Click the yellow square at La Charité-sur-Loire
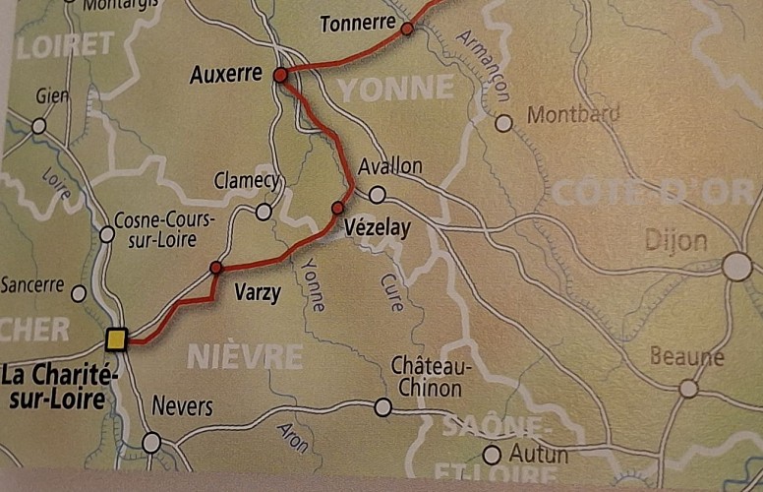[x=117, y=340]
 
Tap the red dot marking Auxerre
[x=280, y=75]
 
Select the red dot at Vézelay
[x=338, y=208]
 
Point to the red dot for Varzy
[x=216, y=268]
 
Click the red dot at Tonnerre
[x=406, y=29]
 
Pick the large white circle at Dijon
[x=736, y=267]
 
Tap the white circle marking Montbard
[x=503, y=123]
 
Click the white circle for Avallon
[x=377, y=194]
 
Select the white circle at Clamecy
[x=264, y=212]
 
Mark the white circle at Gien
[x=39, y=126]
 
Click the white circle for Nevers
[x=151, y=443]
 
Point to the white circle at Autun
[x=492, y=455]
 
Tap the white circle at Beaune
[x=688, y=389]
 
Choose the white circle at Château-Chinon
[x=382, y=406]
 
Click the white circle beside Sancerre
[x=79, y=293]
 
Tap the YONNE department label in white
[x=396, y=90]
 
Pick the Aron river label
[x=288, y=434]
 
